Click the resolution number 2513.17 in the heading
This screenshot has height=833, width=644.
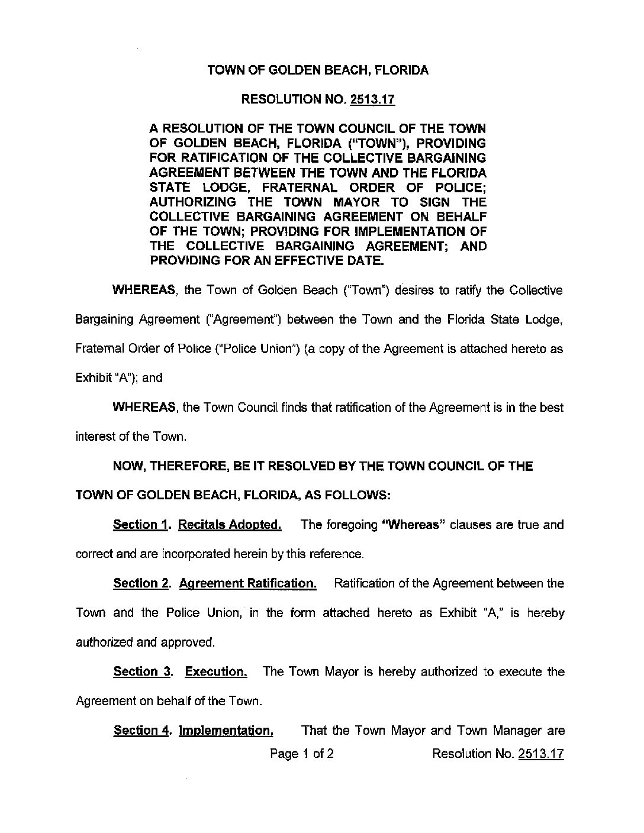372,99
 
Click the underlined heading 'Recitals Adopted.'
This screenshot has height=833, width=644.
230,525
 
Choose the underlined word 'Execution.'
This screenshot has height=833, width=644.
216,672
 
